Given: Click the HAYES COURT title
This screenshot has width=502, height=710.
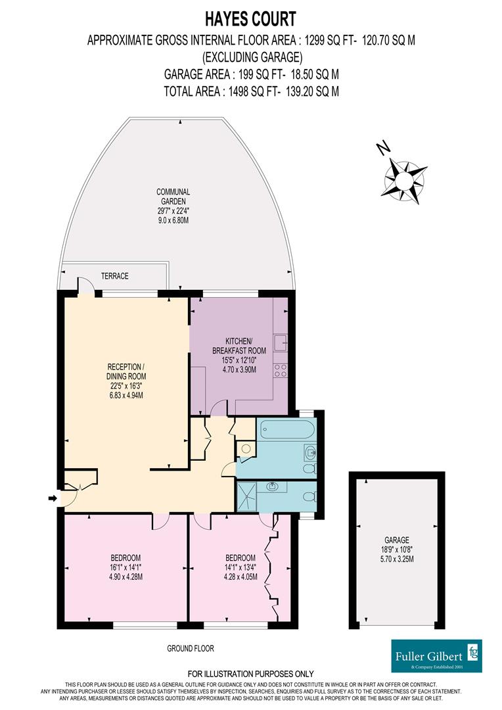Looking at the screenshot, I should [x=251, y=18].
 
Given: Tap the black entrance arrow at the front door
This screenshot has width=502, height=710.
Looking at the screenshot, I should [x=53, y=499].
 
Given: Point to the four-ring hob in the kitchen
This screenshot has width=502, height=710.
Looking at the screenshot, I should [x=280, y=370].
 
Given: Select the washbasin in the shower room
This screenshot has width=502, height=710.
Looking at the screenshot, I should [x=273, y=486].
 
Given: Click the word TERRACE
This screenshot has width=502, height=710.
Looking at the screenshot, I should [x=114, y=276].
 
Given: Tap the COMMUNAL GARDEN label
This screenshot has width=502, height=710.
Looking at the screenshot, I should [x=173, y=197].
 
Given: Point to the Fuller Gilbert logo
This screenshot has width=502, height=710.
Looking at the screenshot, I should [x=436, y=655].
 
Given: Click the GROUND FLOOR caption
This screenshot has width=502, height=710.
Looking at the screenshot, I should [x=190, y=648].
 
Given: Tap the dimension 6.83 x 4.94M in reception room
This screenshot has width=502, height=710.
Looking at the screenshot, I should [x=126, y=395].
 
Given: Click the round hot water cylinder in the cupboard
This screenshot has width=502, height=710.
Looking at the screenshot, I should [x=245, y=448].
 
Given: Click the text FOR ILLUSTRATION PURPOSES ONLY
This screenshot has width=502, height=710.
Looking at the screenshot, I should [x=250, y=674].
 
